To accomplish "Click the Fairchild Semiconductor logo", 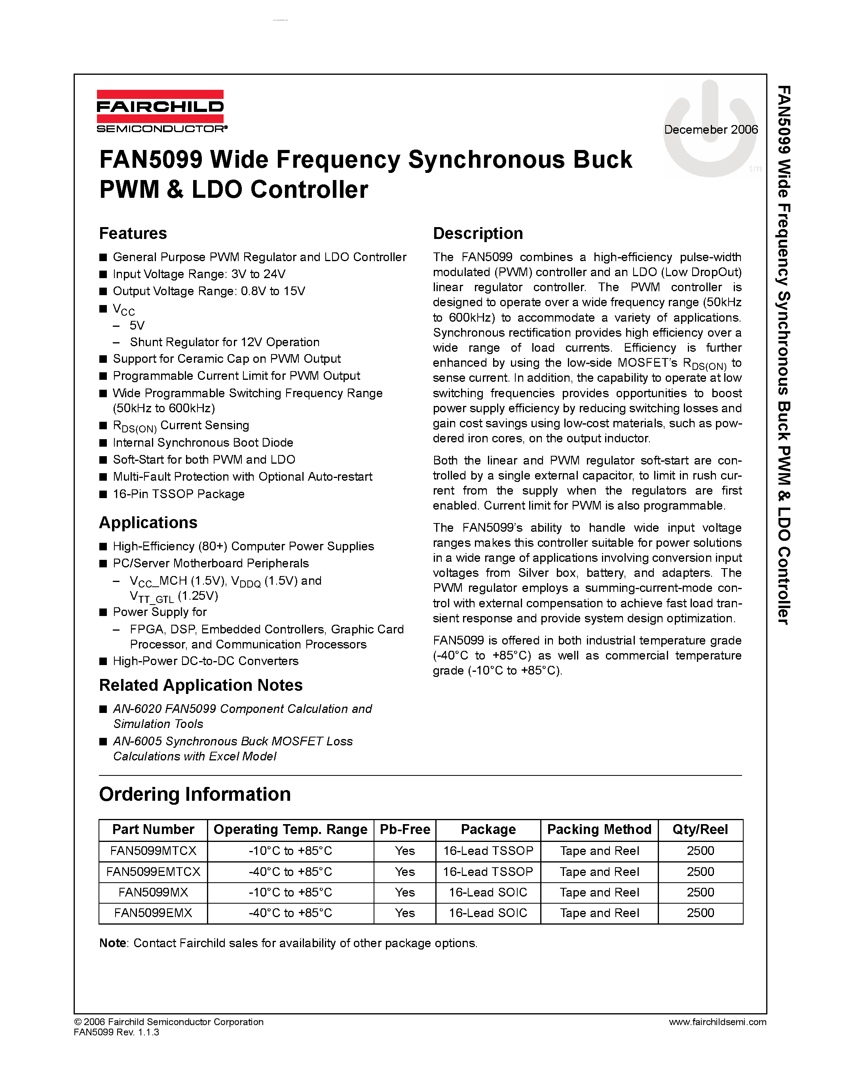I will (160, 111).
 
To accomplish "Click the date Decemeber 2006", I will (710, 129).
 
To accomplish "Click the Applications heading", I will (148, 522).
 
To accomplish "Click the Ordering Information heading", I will (195, 794).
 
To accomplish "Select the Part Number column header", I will (153, 829).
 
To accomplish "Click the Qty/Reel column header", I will (700, 829).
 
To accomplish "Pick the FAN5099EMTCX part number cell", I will (153, 872).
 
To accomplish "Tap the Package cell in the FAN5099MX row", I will (488, 892).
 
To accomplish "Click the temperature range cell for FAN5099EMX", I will (290, 913).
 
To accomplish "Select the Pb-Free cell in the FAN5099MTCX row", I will (404, 851).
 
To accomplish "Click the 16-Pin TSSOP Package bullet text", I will (178, 494).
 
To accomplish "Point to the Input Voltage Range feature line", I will (199, 274).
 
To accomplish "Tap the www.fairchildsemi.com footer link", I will (718, 1022).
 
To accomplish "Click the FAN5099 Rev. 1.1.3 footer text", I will (116, 1032).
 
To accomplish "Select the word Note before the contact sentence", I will (113, 943).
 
